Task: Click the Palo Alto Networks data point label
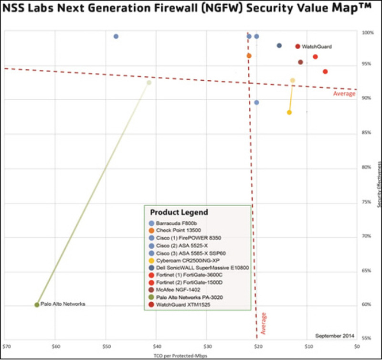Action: tap(63, 304)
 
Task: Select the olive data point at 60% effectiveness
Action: tap(37, 305)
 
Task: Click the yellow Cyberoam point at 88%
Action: tap(289, 112)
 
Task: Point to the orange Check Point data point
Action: tap(249, 56)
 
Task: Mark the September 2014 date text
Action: tap(335, 335)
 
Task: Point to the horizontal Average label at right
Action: tap(344, 94)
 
